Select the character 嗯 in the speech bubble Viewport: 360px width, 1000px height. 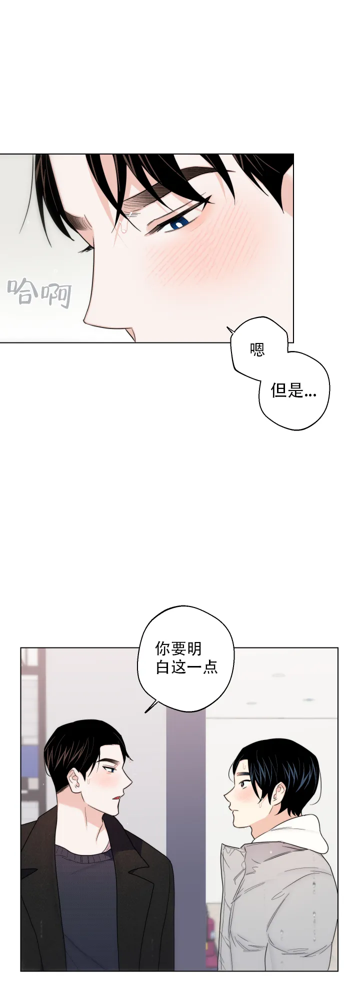[x=257, y=349]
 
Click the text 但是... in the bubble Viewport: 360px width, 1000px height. [x=293, y=390]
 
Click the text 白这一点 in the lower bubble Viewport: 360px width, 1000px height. [x=186, y=667]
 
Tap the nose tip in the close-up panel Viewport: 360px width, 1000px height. [x=85, y=317]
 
